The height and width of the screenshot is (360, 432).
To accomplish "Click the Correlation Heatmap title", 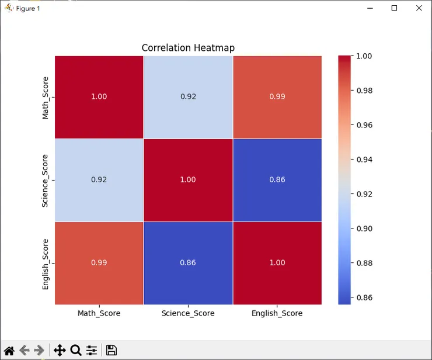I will (x=188, y=48).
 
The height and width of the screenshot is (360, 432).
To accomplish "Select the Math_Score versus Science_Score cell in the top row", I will (x=188, y=96).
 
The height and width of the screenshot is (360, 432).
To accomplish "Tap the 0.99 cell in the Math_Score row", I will (x=277, y=96).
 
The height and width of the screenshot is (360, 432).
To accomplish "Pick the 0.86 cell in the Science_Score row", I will (x=277, y=179).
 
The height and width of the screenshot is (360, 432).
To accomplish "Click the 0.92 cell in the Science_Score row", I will (x=99, y=179).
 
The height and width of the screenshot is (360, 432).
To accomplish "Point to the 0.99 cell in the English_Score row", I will (x=99, y=262).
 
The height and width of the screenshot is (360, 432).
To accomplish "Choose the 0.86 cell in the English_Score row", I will (x=188, y=262).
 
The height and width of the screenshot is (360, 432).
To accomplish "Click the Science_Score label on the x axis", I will (x=188, y=313).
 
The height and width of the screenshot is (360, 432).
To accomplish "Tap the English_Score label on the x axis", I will (x=277, y=313).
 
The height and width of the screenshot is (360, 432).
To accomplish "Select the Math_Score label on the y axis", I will (x=46, y=97).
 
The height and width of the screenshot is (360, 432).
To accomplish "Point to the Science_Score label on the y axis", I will (x=46, y=180).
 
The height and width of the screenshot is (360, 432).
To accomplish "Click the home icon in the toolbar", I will (x=9, y=350).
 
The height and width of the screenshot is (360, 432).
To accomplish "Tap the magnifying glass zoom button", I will (x=75, y=350).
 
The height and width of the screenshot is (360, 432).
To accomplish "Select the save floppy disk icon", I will (x=111, y=350).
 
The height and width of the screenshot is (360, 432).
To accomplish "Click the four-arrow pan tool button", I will (x=59, y=350).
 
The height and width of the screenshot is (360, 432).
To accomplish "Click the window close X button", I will (x=419, y=8).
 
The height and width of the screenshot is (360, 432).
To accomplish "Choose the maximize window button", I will (x=394, y=8).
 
